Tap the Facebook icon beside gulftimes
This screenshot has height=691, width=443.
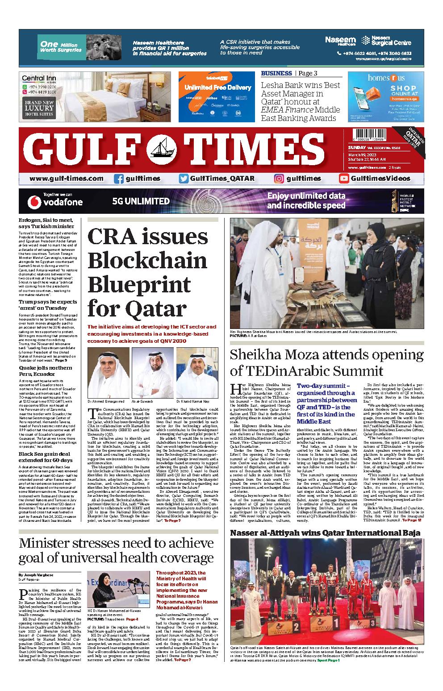click(x=119, y=179)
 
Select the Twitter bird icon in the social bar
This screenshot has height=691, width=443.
click(x=183, y=179)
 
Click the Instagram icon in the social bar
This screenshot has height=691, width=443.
click(x=279, y=179)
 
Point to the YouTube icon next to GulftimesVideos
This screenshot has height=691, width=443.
click(x=344, y=179)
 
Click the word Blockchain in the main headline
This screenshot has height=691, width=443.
click(x=147, y=259)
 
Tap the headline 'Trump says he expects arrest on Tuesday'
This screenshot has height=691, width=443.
click(x=48, y=305)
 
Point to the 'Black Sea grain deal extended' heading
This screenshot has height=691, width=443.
click(x=45, y=458)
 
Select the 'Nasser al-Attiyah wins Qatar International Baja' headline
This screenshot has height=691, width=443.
click(x=325, y=533)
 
